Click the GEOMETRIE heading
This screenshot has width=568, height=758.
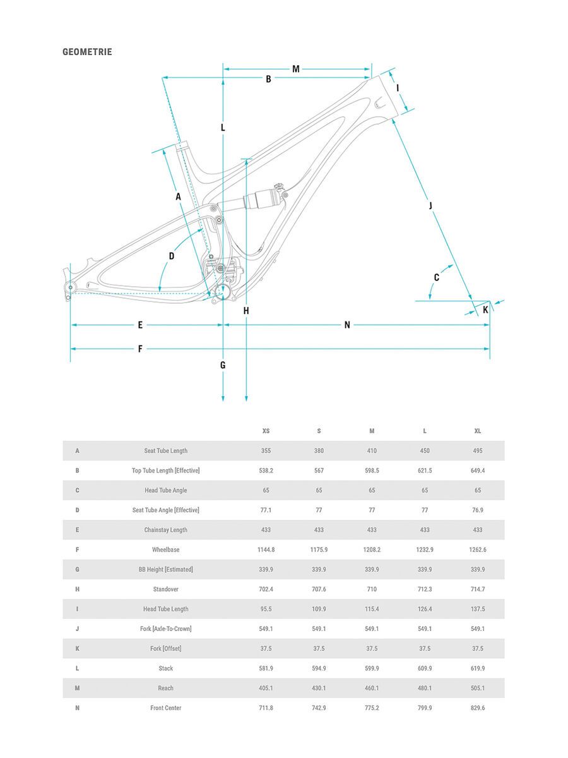click(87, 52)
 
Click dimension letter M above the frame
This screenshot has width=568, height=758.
click(295, 69)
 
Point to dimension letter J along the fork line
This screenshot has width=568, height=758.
click(431, 205)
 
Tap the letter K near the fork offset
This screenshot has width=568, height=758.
click(485, 310)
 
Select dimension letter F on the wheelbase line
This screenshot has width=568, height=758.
click(140, 349)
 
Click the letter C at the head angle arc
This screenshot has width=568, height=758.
click(436, 277)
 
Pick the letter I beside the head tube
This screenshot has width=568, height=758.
click(398, 88)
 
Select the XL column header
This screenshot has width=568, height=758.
click(478, 431)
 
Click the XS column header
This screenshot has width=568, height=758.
click(266, 431)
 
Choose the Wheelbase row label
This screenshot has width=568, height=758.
click(165, 550)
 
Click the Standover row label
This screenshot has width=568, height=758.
click(165, 589)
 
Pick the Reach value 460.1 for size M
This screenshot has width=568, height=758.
click(372, 688)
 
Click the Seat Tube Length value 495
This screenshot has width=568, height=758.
click(478, 451)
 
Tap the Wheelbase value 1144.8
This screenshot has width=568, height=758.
click(266, 550)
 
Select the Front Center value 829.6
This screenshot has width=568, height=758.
click(478, 708)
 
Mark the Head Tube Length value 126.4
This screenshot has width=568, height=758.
click(425, 609)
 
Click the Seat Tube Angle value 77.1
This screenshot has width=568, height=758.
click(266, 510)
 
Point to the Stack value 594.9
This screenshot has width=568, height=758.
click(319, 668)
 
